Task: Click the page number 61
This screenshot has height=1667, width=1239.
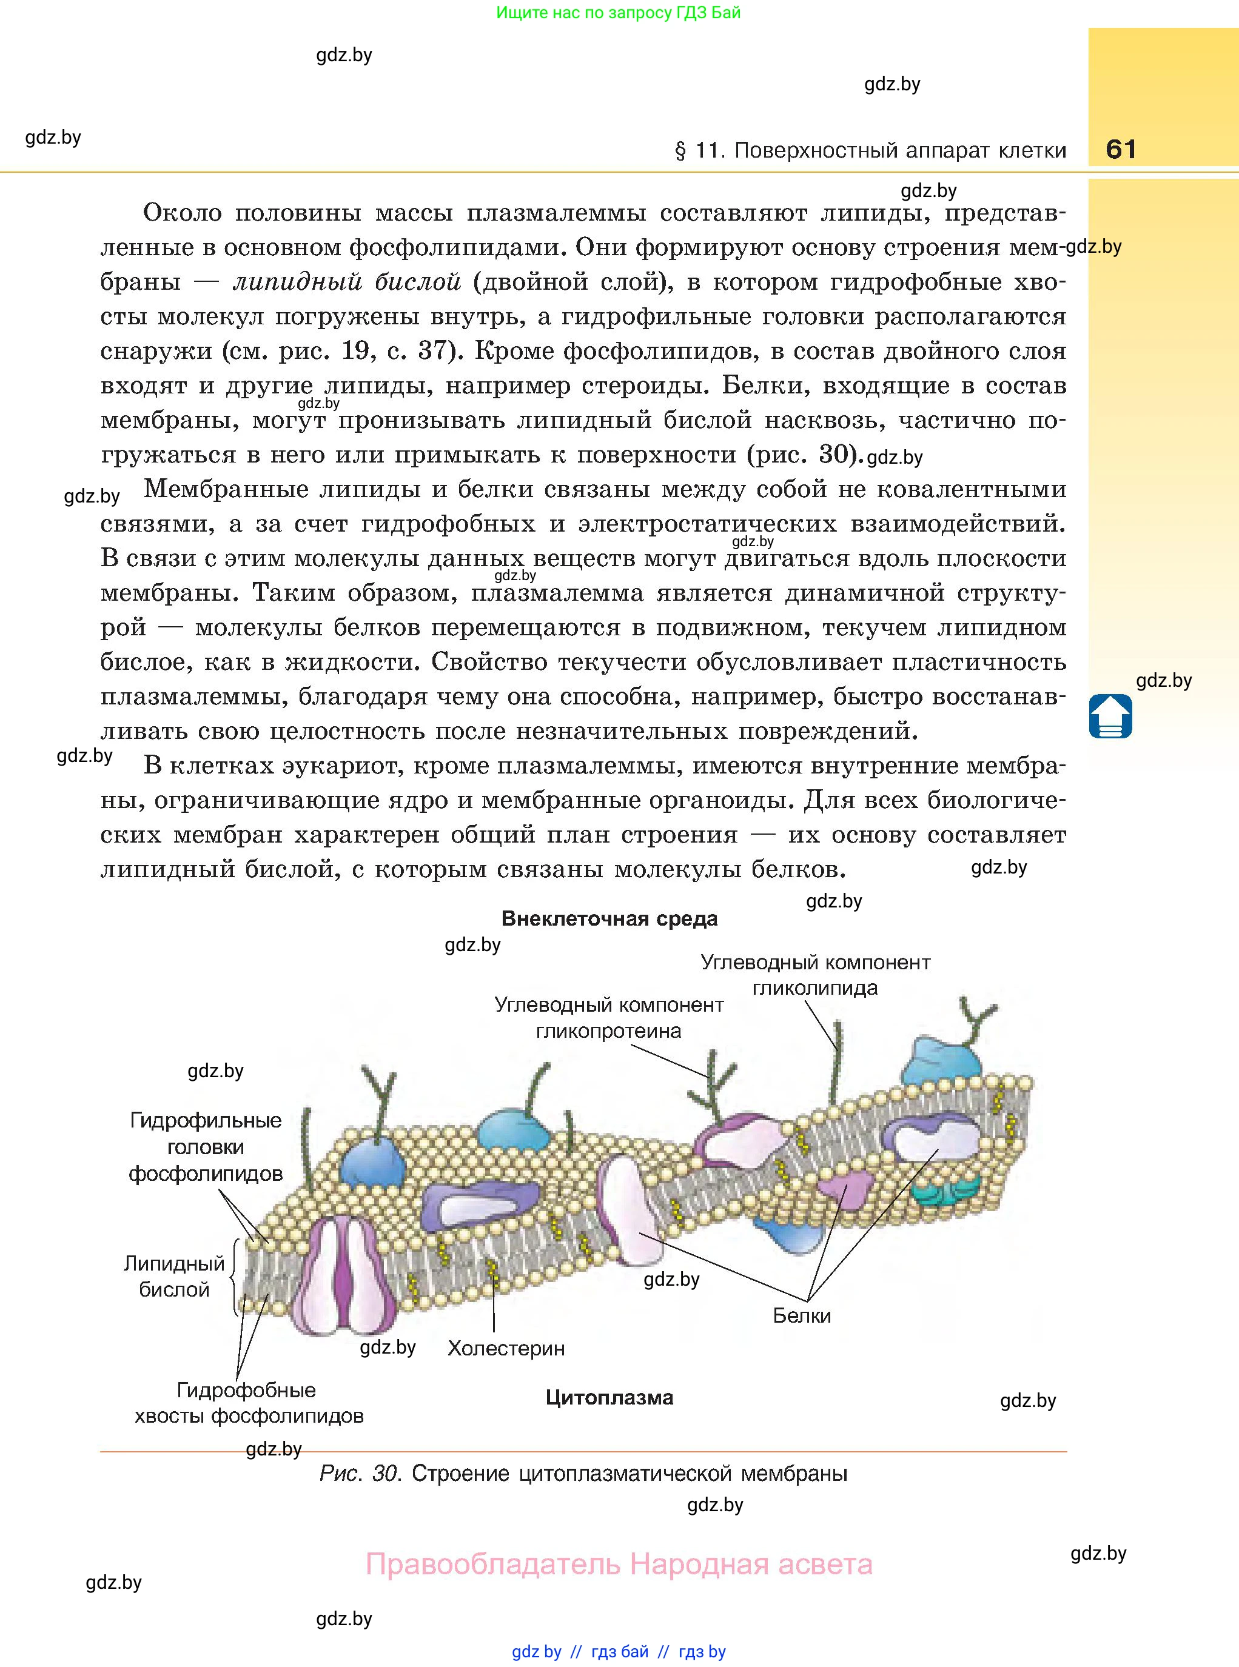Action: point(1121,149)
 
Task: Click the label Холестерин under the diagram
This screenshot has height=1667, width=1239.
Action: point(506,1348)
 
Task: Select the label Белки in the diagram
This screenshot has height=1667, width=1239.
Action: point(802,1315)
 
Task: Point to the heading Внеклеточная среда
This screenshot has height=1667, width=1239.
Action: point(609,919)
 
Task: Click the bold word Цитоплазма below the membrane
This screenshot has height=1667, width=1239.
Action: point(609,1397)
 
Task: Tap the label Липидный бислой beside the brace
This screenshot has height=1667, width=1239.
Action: point(174,1277)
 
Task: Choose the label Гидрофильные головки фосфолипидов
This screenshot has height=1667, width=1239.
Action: point(206,1147)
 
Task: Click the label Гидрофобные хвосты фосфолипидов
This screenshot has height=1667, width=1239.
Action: point(248,1403)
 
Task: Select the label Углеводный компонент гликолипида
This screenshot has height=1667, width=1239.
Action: point(815,975)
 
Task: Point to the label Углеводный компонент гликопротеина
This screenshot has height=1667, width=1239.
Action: point(609,1018)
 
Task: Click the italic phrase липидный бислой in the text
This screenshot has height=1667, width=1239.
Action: point(346,282)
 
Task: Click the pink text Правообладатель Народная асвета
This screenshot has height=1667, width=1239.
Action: point(619,1565)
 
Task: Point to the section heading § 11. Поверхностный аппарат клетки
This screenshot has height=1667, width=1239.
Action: point(870,152)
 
